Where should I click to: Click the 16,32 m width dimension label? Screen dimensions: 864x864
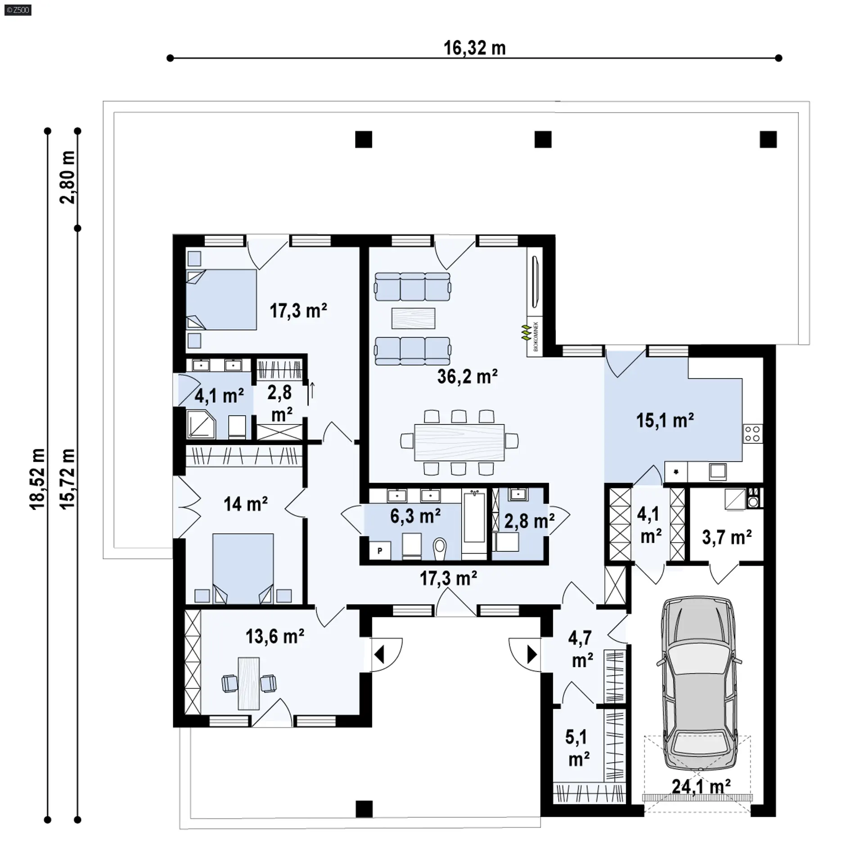click(x=475, y=48)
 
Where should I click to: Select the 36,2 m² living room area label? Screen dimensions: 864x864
click(x=467, y=376)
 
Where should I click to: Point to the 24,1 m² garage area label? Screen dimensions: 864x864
click(x=701, y=787)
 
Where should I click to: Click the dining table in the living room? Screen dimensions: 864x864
click(x=459, y=442)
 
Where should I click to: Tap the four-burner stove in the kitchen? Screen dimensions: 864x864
click(x=752, y=434)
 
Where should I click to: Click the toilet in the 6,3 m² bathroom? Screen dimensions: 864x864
click(x=440, y=549)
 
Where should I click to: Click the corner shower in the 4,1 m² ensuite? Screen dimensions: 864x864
click(x=201, y=423)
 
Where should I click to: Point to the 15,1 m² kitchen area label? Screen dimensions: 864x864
click(x=665, y=420)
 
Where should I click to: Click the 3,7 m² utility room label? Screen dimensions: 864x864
click(x=727, y=537)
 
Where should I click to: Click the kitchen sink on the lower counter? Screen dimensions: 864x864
click(x=718, y=471)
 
